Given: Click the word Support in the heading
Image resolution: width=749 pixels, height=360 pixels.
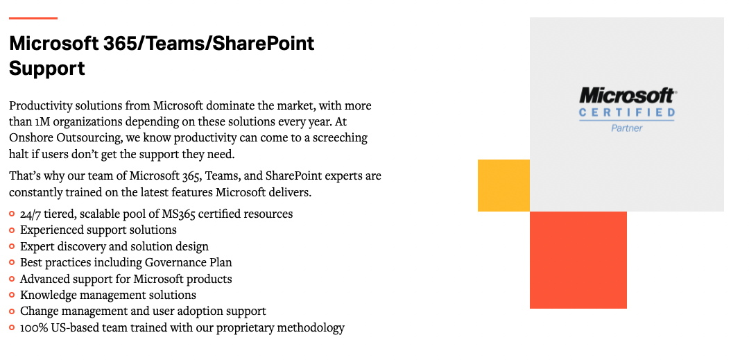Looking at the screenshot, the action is coord(47,68).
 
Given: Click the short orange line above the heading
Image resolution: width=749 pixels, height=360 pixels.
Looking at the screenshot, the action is coord(33,18).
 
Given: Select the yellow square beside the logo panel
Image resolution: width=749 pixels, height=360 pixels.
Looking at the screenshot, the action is coord(503,185).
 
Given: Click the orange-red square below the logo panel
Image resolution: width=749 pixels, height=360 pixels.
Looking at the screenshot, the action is coord(578,259).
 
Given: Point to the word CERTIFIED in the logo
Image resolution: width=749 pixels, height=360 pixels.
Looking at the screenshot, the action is coord(627,112).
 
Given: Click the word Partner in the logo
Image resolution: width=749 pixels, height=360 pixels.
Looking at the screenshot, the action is coord(627,128).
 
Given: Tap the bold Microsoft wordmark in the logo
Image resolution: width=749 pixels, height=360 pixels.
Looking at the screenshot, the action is coord(627,96).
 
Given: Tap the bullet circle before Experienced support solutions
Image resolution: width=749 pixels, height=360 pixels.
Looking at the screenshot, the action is coord(12,230).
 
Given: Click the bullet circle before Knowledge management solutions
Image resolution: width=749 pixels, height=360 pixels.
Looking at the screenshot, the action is coord(12,295).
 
